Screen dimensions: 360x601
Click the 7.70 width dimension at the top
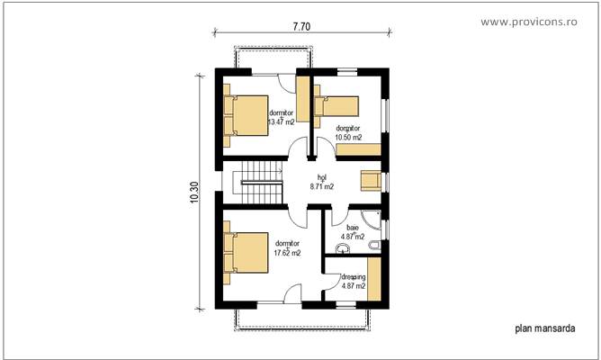(x=301, y=27)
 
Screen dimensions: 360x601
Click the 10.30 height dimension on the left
(x=195, y=193)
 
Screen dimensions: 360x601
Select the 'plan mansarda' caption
(x=544, y=329)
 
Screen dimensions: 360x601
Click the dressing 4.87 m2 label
(x=353, y=281)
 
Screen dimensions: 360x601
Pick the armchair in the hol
(x=371, y=180)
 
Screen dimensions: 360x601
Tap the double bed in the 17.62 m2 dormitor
(x=246, y=252)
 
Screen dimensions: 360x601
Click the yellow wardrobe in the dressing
(x=373, y=278)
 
